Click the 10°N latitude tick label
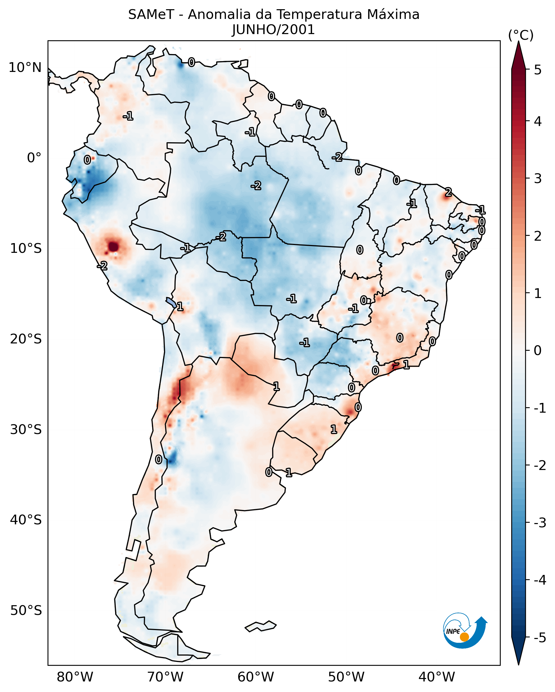coord(25,68)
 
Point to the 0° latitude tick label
coord(34,158)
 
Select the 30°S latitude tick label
coord(26,429)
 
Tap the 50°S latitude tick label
coord(26,611)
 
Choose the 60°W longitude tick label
coord(256,677)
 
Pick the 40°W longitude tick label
coord(436,677)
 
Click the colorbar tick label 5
coord(538,70)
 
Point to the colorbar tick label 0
coord(538,350)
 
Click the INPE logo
coord(465,630)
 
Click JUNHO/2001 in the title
coord(273,29)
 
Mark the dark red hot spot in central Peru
coord(113,247)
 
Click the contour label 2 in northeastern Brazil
coord(448,192)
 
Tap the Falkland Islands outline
coord(260,626)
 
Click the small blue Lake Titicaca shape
coord(171,302)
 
